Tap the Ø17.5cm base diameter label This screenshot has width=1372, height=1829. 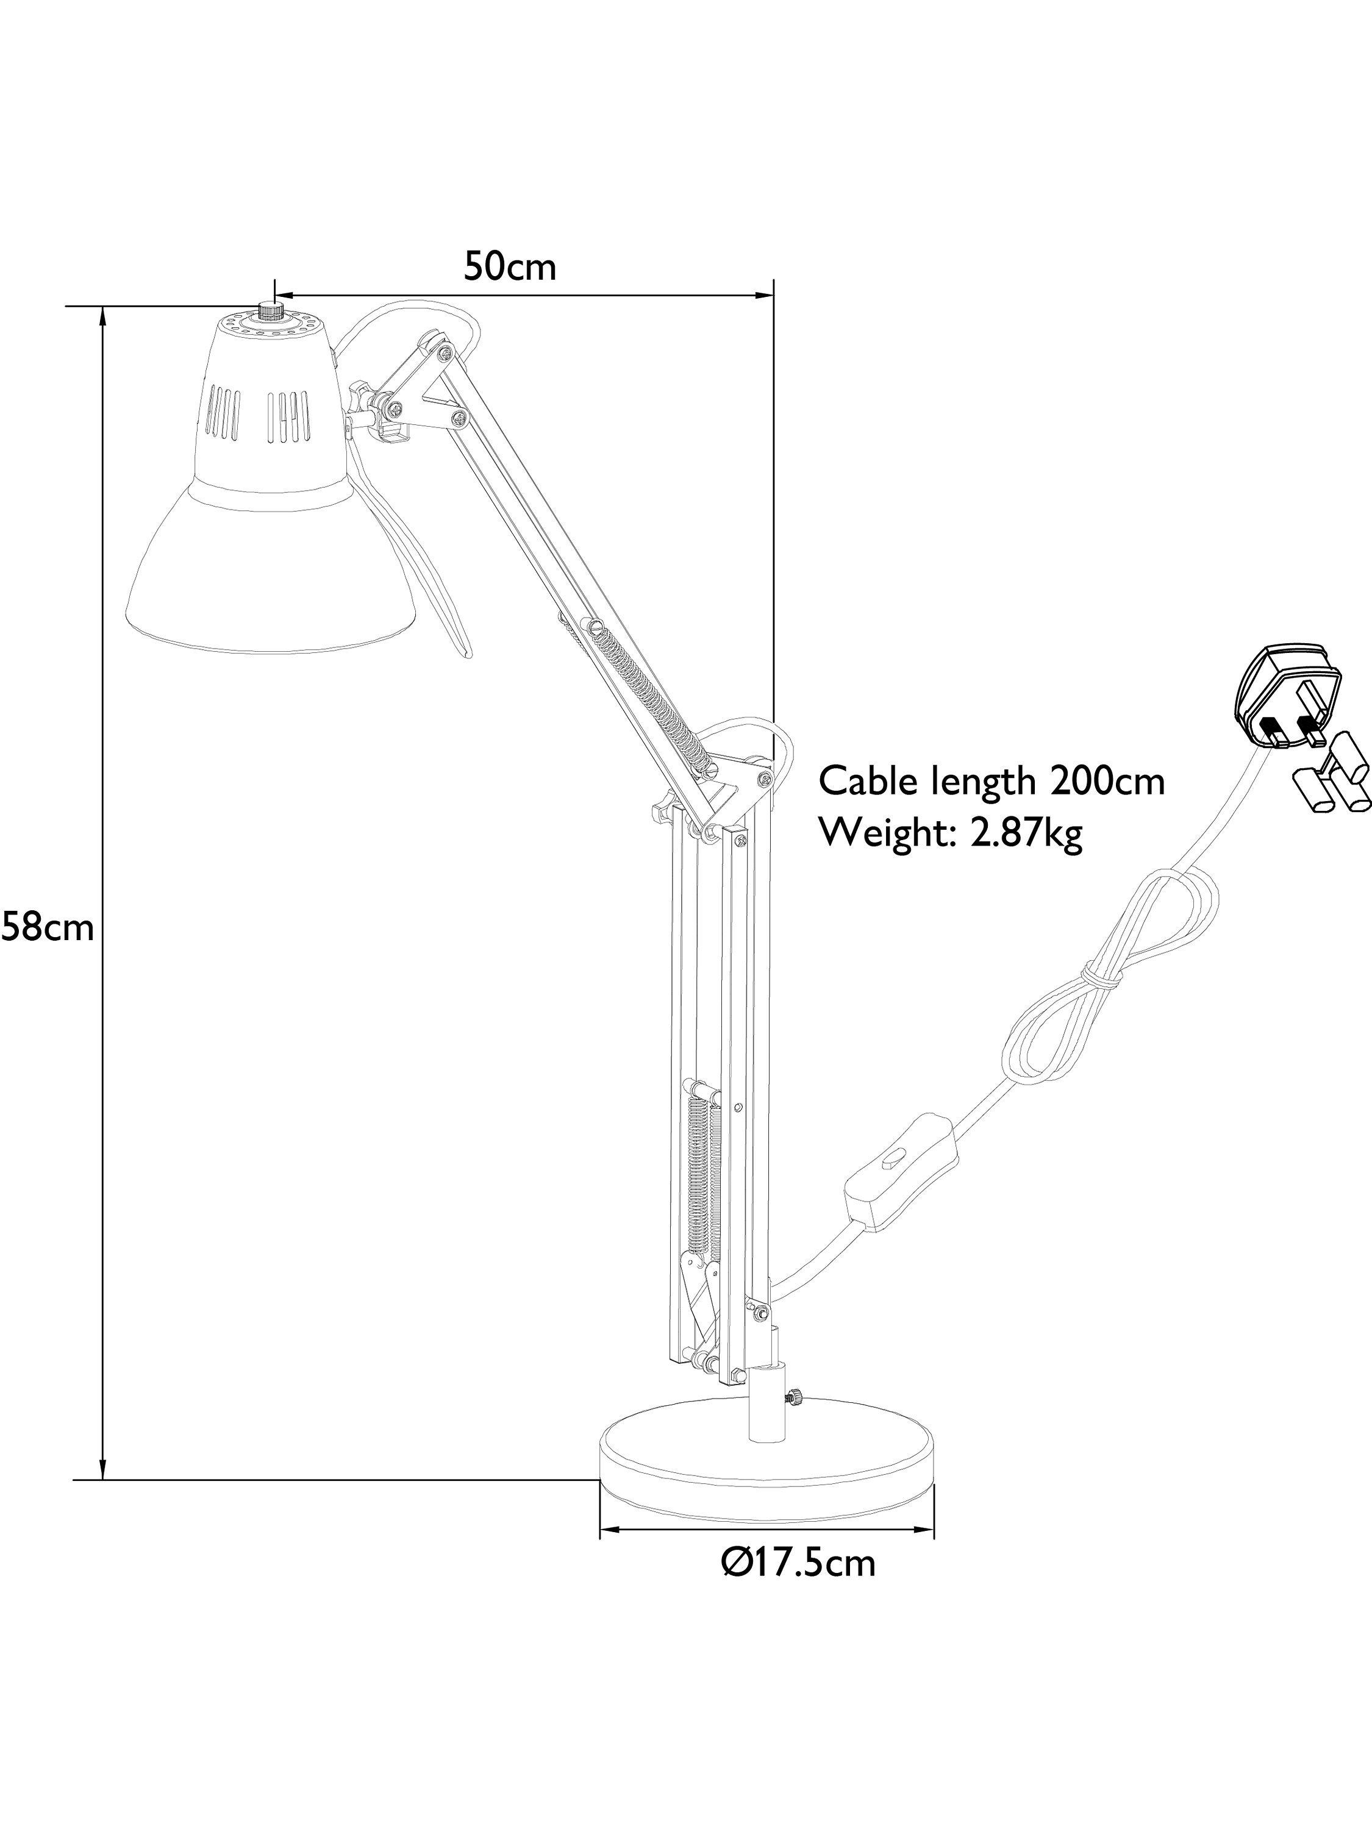coord(797,1585)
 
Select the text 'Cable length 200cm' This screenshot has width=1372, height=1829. coord(991,780)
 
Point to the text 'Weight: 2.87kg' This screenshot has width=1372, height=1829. coord(950,834)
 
